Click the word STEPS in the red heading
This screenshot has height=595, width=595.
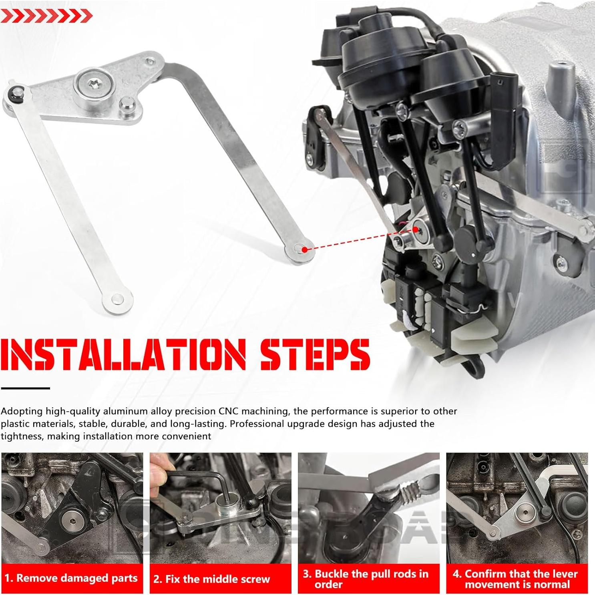(314, 354)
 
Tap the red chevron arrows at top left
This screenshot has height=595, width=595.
(46, 16)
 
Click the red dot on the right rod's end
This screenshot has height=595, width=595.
(304, 249)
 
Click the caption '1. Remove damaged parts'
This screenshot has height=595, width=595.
(71, 578)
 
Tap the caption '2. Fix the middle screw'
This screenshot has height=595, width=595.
(212, 579)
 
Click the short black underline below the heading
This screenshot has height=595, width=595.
(25, 388)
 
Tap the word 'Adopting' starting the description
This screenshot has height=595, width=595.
(21, 411)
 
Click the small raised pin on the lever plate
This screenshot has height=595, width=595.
(127, 104)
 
